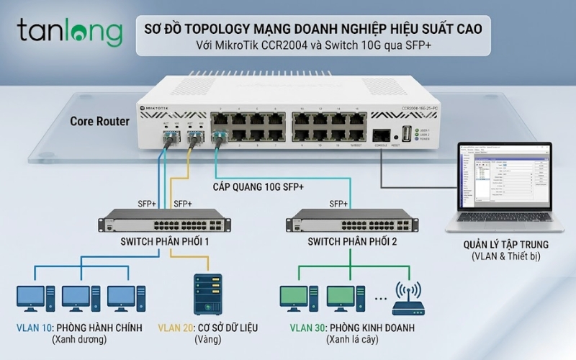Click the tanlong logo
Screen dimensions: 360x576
[x=70, y=32]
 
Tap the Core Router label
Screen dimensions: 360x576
[x=100, y=121]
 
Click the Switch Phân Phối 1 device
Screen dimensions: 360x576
[x=166, y=220]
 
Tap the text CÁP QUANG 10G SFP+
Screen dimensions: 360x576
[x=258, y=186]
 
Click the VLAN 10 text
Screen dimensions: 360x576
[x=32, y=328]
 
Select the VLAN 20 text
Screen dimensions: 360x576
[x=174, y=328]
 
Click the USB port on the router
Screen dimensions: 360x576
[x=408, y=133]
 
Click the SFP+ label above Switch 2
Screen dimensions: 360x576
[x=339, y=203]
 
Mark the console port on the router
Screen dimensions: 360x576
[x=382, y=135]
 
